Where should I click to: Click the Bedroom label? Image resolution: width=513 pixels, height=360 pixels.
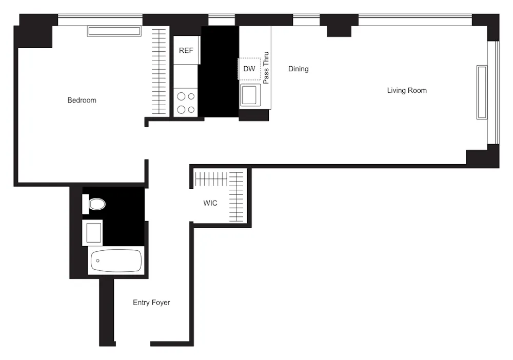pos(82,100)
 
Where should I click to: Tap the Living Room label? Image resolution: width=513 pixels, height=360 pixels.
pos(407,90)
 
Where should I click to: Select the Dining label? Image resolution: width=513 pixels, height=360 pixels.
pos(298,69)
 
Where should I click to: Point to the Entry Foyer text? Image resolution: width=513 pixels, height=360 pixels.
pos(151,303)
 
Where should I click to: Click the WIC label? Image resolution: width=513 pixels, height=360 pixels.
pos(210,203)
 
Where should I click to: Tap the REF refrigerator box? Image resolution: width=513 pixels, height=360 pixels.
pos(186,50)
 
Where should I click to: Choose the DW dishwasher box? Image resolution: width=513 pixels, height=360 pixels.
pos(249,69)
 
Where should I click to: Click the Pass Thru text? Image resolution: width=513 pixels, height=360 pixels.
pos(266,68)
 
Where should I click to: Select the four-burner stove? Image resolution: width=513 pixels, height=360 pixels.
pos(186,103)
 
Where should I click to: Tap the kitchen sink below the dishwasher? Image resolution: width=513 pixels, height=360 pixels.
pos(250,95)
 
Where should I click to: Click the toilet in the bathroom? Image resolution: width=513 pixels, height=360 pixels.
pos(94,204)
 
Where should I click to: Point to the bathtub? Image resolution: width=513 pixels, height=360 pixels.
pos(116,261)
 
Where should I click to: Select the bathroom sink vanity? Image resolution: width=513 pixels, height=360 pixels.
pos(93,232)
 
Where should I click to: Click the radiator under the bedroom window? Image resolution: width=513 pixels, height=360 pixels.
pos(114,31)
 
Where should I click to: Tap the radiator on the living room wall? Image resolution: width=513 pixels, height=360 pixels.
pos(482,92)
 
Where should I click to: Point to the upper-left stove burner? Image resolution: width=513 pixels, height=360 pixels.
pos(181,96)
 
